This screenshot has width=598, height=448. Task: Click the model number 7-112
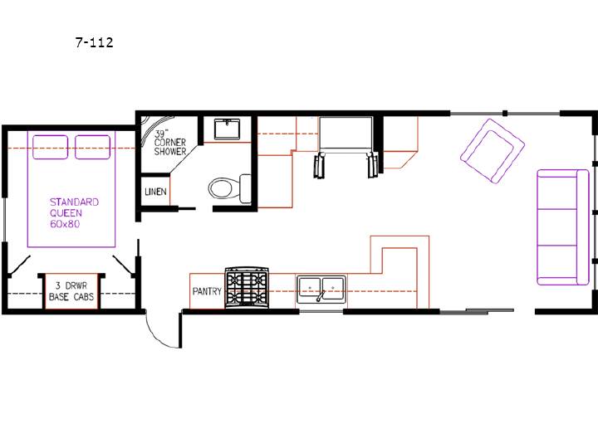(x=94, y=42)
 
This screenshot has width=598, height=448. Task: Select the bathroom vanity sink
(x=227, y=129)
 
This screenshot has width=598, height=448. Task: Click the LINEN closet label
(x=155, y=192)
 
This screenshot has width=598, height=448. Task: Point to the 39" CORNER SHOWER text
(x=170, y=143)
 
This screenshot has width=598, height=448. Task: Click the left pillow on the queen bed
(x=51, y=147)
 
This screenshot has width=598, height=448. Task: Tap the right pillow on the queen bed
(x=93, y=147)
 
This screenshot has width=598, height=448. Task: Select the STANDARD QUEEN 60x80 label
(x=74, y=213)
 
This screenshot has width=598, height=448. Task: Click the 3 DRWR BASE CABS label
(x=71, y=291)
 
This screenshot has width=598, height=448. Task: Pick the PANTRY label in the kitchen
(x=207, y=291)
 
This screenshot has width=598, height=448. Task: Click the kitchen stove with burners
(x=247, y=287)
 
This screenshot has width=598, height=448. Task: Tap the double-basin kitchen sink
(x=321, y=290)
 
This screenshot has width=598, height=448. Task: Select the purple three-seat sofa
(x=563, y=227)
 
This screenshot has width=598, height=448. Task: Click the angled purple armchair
(x=493, y=151)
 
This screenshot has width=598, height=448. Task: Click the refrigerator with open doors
(x=346, y=147)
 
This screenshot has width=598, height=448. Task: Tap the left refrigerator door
(x=319, y=165)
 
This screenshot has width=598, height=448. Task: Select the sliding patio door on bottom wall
(x=477, y=311)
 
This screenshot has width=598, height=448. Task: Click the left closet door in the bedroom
(x=19, y=265)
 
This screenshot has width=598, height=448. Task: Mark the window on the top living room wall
(x=505, y=113)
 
